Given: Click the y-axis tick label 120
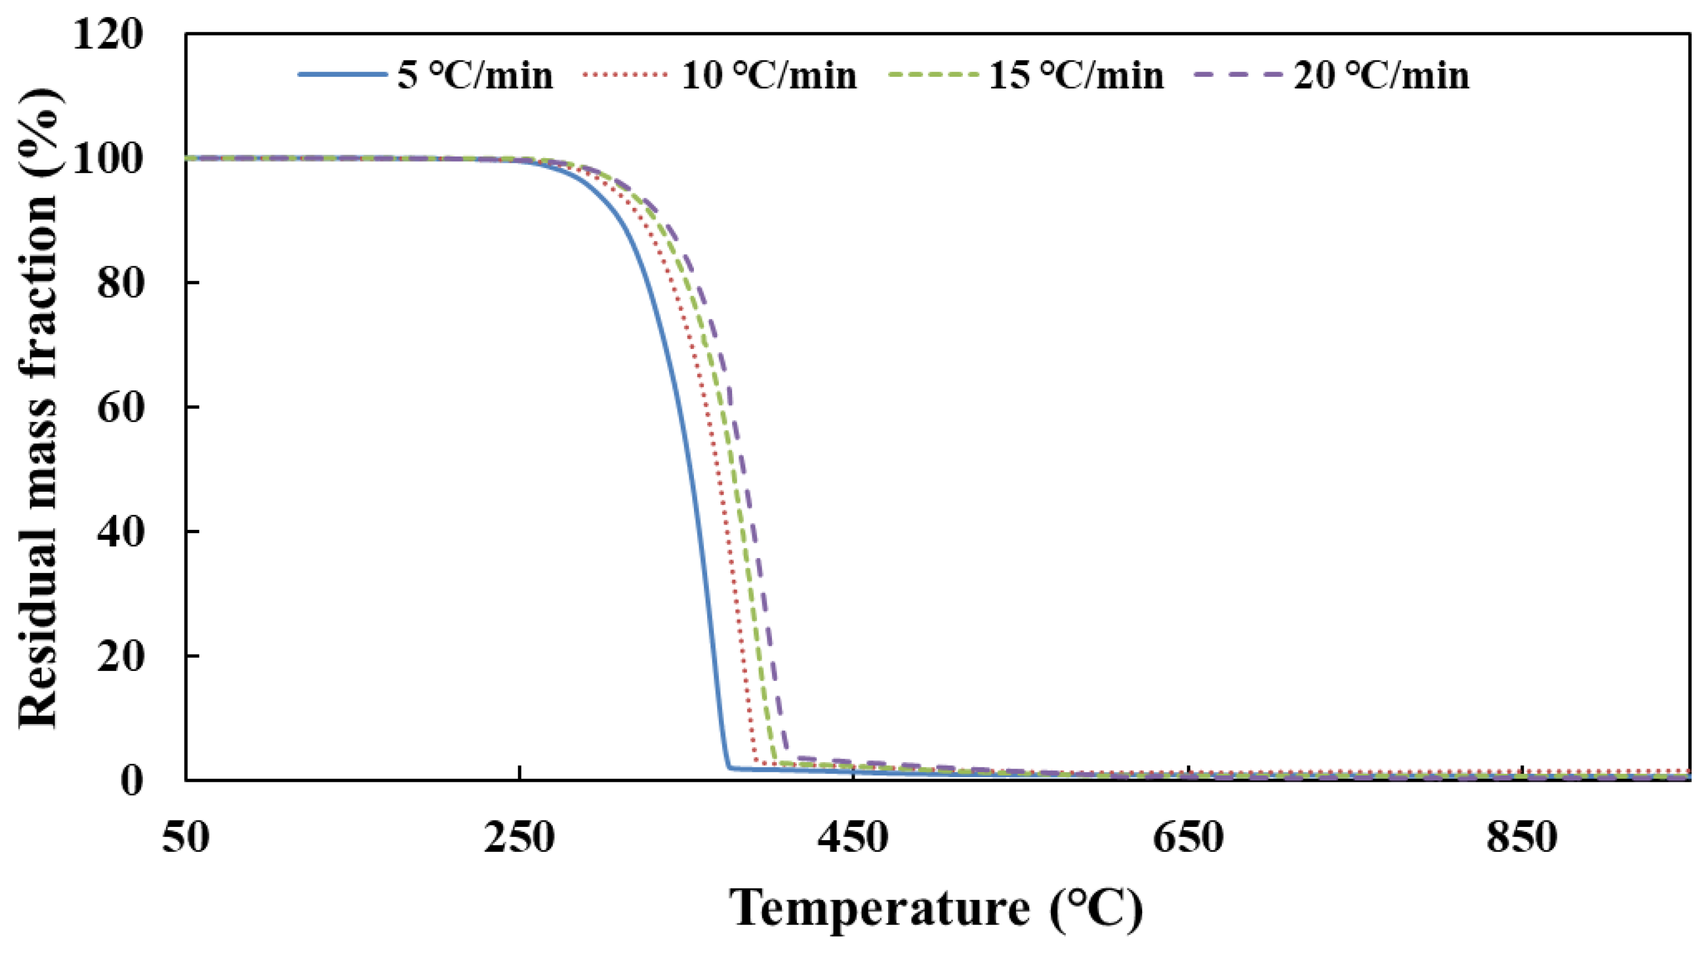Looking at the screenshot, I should click(108, 34).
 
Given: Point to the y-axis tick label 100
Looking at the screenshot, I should click(108, 159).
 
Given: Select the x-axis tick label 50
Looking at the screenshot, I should click(186, 838).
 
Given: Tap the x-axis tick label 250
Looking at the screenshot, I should click(519, 838).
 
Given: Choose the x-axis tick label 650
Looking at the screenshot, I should click(1188, 838).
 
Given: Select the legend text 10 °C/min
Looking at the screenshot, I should click(769, 75).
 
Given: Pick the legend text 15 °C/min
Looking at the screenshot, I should click(1075, 75).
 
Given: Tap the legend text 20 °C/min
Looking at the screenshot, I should click(1381, 75).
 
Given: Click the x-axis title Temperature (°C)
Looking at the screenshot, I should click(937, 910).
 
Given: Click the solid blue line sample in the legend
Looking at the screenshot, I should click(342, 75).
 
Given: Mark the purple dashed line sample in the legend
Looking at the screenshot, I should click(1239, 75).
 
